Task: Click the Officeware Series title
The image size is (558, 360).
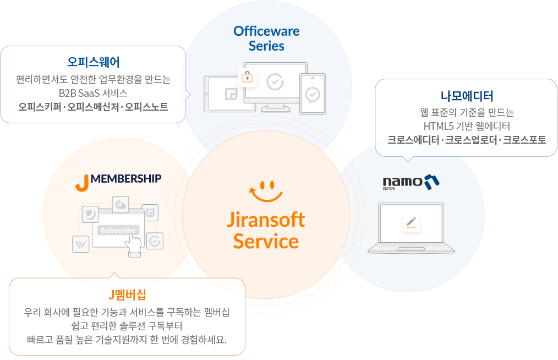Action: [266, 38]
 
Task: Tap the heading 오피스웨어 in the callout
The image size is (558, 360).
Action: [94, 61]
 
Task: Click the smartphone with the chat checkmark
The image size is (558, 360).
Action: [313, 94]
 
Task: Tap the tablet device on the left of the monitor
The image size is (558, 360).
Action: [222, 94]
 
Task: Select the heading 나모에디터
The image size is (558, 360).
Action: [466, 96]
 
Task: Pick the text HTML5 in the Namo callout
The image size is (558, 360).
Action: [436, 126]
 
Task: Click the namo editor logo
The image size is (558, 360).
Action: [411, 182]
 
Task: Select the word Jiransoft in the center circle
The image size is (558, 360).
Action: [266, 219]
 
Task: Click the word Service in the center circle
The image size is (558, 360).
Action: [266, 241]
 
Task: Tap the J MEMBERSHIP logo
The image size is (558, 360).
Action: [118, 181]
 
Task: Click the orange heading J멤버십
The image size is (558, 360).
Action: [127, 294]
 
